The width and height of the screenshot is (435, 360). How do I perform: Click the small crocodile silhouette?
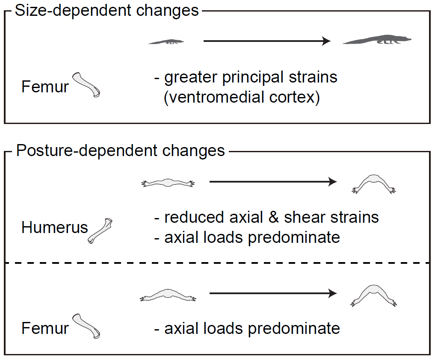(166, 42)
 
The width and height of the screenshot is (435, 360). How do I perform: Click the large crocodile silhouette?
(377, 40)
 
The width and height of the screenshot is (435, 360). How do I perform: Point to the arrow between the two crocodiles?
(267, 41)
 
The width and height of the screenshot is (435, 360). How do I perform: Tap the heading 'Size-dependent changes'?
(107, 11)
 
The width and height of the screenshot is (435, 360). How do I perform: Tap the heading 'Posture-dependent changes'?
(120, 150)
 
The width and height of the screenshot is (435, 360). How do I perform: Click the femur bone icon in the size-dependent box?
(86, 85)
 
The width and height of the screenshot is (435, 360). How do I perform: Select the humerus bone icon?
(100, 231)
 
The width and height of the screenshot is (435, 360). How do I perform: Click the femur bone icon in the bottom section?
(86, 326)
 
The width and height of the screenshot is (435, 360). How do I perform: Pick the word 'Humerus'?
(55, 227)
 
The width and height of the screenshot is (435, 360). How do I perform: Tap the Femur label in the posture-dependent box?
(45, 328)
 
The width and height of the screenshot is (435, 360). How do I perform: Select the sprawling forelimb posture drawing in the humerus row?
(168, 183)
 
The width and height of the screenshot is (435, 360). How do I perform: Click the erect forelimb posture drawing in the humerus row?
(374, 183)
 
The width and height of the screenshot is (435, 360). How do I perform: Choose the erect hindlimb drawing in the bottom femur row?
(374, 295)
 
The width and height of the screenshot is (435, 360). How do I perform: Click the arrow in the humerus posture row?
(273, 182)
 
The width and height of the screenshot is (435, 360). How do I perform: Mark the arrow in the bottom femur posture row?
(273, 293)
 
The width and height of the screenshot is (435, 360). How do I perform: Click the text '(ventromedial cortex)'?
(242, 97)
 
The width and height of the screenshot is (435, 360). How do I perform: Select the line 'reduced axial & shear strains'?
(272, 217)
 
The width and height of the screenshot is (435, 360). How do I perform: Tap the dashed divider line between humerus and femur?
(217, 263)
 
